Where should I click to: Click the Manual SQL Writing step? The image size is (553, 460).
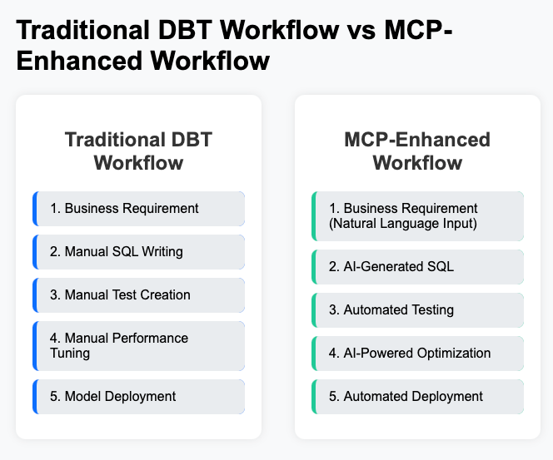tap(139, 251)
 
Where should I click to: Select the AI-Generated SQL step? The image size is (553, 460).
tap(417, 266)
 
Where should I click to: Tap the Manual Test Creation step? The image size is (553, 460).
tap(139, 294)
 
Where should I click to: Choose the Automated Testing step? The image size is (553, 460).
tap(417, 309)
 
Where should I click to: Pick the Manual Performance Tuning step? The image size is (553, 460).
tap(139, 345)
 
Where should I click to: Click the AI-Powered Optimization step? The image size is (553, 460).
tap(417, 353)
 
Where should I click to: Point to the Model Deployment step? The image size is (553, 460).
tap(139, 396)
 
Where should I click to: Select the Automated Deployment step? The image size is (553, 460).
tap(417, 396)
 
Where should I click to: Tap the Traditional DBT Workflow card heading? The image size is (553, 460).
tap(138, 151)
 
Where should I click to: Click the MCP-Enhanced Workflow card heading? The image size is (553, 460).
tap(417, 151)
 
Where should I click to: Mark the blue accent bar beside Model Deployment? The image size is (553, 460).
tap(35, 396)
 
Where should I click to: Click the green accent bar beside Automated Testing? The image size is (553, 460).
tap(314, 309)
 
